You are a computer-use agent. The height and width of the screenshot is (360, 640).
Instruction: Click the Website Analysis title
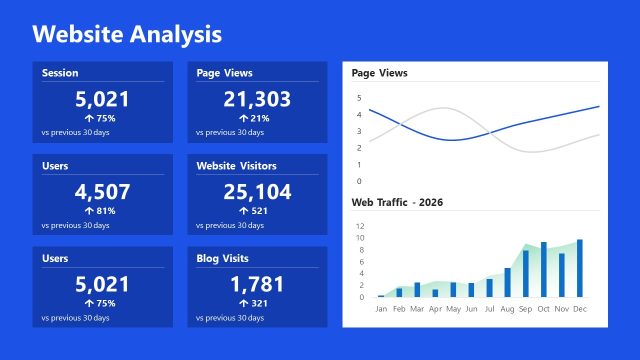(127, 34)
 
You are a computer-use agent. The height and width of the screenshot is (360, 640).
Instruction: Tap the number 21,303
(257, 98)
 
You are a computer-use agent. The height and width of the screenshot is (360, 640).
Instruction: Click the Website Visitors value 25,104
(257, 191)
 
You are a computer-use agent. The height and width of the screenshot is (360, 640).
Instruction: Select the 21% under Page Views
(260, 118)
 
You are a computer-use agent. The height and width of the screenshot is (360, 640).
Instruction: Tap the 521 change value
(260, 211)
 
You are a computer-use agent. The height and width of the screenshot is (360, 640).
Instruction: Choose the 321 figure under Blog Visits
(260, 303)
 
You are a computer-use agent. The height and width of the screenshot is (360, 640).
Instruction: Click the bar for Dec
(579, 268)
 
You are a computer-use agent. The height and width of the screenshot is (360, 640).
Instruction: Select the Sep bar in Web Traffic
(525, 273)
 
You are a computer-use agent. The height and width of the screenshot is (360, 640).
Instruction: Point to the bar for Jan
(381, 296)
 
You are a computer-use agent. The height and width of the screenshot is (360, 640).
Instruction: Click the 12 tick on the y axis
(361, 226)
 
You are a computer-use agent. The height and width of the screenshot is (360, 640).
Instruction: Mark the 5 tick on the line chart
(360, 97)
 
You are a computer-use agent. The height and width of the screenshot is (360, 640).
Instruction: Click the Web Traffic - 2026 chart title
(397, 202)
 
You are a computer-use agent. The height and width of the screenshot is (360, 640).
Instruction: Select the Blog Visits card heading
(224, 258)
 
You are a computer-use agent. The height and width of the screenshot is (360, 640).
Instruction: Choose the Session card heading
(60, 73)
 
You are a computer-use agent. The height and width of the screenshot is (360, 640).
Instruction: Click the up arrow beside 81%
(89, 211)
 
